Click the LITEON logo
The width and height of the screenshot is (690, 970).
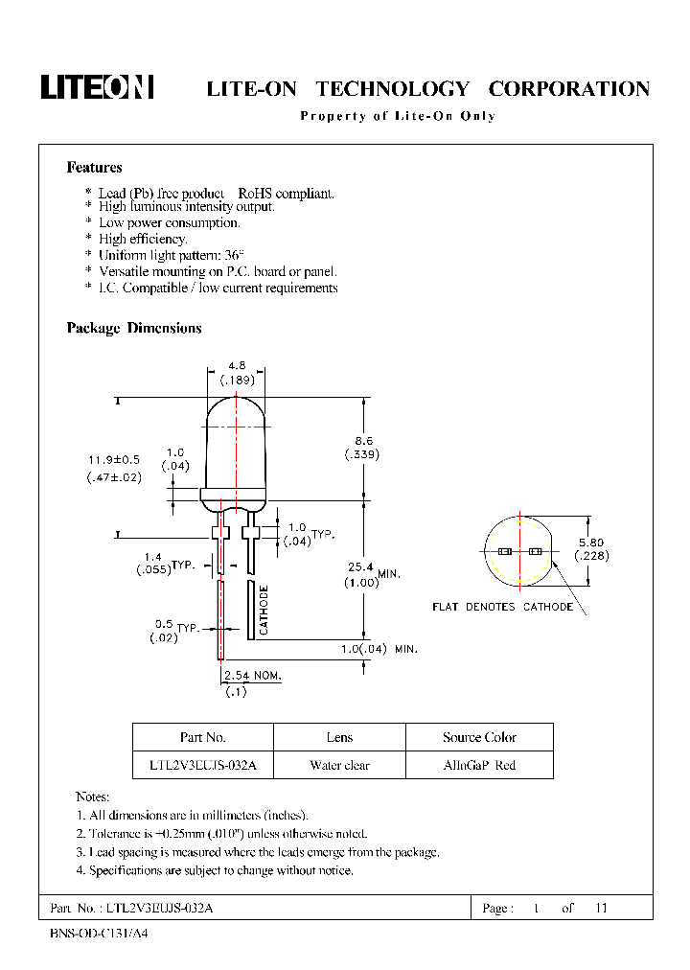click(97, 87)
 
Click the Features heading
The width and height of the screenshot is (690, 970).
click(94, 168)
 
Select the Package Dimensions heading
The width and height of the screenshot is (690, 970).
click(134, 328)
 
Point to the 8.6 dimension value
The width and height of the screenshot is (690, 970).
click(362, 441)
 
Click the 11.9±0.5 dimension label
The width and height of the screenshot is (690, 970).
click(113, 460)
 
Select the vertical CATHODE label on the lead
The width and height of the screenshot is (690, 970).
click(264, 610)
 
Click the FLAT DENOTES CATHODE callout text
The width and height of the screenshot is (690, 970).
click(502, 607)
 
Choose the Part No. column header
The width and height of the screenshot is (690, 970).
click(202, 737)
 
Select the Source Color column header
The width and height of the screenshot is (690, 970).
click(479, 737)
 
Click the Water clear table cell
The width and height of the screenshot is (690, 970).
click(339, 765)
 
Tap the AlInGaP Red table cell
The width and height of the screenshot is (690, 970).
click(479, 765)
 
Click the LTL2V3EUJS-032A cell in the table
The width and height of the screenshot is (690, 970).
click(202, 765)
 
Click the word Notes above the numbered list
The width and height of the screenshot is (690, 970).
click(92, 797)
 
